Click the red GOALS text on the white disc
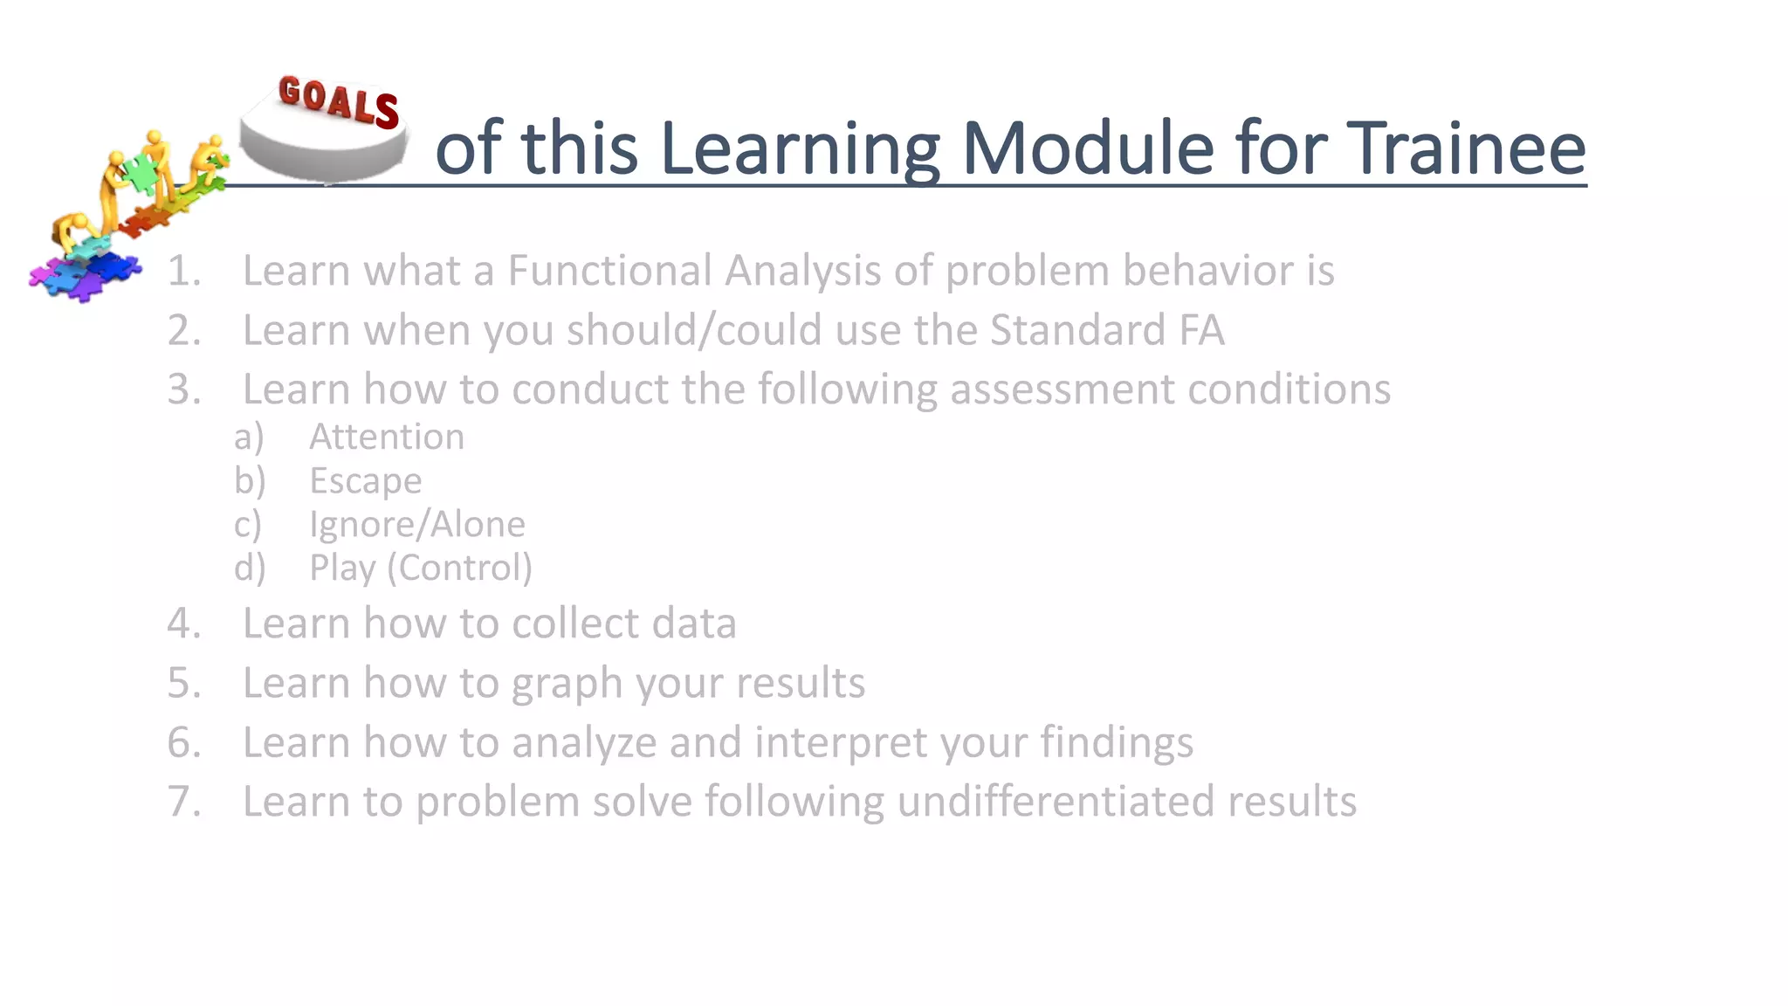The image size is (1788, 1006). click(x=339, y=101)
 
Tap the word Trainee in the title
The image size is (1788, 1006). click(x=1466, y=148)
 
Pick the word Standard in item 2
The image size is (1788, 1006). click(x=1077, y=330)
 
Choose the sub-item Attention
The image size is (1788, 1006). click(x=387, y=437)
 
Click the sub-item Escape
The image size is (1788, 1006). click(x=366, y=481)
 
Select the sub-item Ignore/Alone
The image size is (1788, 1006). click(x=417, y=525)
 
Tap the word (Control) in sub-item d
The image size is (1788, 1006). click(x=459, y=568)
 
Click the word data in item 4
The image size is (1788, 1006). click(x=694, y=624)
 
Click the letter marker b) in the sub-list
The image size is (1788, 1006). click(x=250, y=481)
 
